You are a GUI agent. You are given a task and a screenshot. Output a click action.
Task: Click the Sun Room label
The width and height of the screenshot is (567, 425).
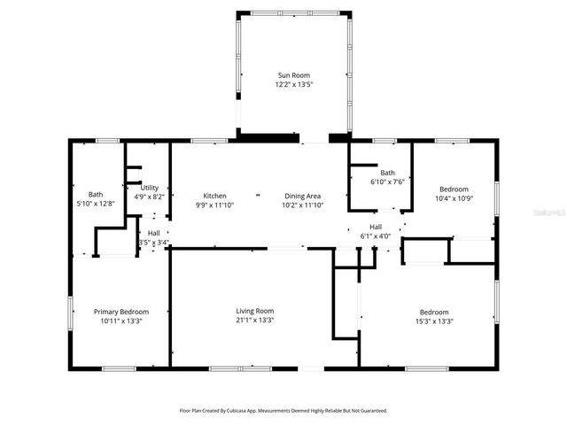coord(294,76)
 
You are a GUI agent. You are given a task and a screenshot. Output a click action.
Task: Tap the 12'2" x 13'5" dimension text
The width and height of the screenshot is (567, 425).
coord(294,86)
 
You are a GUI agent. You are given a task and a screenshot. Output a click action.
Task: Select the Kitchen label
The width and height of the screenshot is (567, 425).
coord(214,196)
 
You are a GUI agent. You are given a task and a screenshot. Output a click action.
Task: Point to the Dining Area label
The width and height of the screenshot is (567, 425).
coord(302,196)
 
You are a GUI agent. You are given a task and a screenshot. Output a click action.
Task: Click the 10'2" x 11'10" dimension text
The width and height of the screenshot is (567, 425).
coord(302,205)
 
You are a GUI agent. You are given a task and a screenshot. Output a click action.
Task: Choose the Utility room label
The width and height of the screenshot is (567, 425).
coord(149,188)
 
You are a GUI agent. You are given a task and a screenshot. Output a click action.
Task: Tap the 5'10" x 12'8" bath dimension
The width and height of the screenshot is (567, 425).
coord(95,204)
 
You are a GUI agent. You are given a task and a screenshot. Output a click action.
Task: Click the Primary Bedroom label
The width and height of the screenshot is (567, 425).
coord(121,312)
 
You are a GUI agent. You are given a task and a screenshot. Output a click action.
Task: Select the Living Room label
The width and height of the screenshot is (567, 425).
coord(254,311)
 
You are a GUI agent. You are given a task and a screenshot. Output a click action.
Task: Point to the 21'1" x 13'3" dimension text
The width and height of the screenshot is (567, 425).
coord(254,321)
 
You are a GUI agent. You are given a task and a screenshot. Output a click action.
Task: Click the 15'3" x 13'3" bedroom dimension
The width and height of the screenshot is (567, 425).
coord(434,321)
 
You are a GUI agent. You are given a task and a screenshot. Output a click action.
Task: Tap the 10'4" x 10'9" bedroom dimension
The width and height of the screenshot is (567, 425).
coord(454,198)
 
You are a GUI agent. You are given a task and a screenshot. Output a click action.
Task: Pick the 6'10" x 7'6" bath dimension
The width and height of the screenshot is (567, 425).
coord(387,182)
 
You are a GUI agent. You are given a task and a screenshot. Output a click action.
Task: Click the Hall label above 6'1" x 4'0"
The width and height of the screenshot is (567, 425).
coord(376,227)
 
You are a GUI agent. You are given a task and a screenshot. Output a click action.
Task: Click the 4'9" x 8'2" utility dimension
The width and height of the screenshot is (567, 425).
coord(149,197)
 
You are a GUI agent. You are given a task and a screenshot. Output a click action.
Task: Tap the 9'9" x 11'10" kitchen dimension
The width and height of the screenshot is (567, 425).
coord(214,205)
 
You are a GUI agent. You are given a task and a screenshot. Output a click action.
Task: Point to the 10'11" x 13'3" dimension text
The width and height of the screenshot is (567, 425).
coord(121,321)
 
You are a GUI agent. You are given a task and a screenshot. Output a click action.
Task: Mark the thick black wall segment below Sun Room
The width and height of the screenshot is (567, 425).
coord(268,137)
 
